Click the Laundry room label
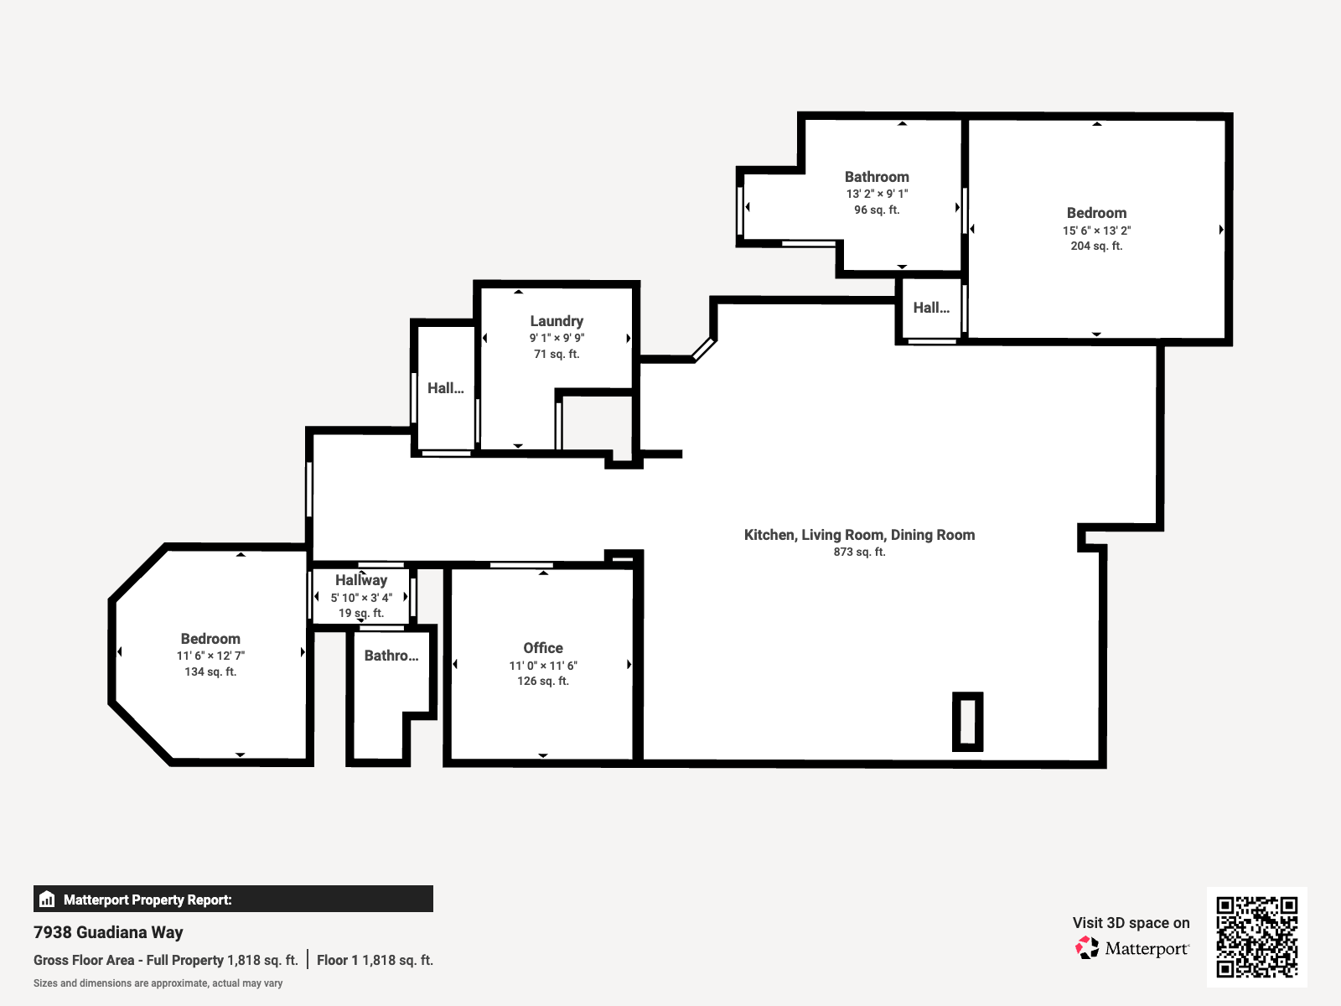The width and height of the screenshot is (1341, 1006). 557,321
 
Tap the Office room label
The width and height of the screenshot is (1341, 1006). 543,648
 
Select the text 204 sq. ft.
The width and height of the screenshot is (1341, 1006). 1096,246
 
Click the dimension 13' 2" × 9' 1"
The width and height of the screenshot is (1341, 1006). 877,194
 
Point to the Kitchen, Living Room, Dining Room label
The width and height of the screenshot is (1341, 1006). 859,535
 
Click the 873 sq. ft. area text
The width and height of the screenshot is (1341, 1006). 859,552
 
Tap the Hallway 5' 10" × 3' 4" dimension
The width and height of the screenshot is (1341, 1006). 361,598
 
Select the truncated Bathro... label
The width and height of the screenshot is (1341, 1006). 391,656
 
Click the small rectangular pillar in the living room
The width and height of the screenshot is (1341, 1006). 967,721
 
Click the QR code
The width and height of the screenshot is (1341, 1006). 1256,937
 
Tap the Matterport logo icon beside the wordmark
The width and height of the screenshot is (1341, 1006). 1087,948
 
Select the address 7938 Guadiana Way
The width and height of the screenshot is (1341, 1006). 108,932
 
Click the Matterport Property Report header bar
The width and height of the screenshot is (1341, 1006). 233,899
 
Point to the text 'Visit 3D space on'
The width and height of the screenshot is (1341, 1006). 1131,923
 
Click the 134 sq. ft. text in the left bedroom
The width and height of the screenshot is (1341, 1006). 210,672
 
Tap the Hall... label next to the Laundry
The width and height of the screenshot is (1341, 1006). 445,388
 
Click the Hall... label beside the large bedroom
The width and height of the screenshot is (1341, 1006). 931,308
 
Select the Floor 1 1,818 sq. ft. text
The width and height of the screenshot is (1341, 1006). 375,960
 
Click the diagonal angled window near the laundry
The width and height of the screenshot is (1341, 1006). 702,349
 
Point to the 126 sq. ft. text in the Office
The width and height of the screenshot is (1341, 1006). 543,681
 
